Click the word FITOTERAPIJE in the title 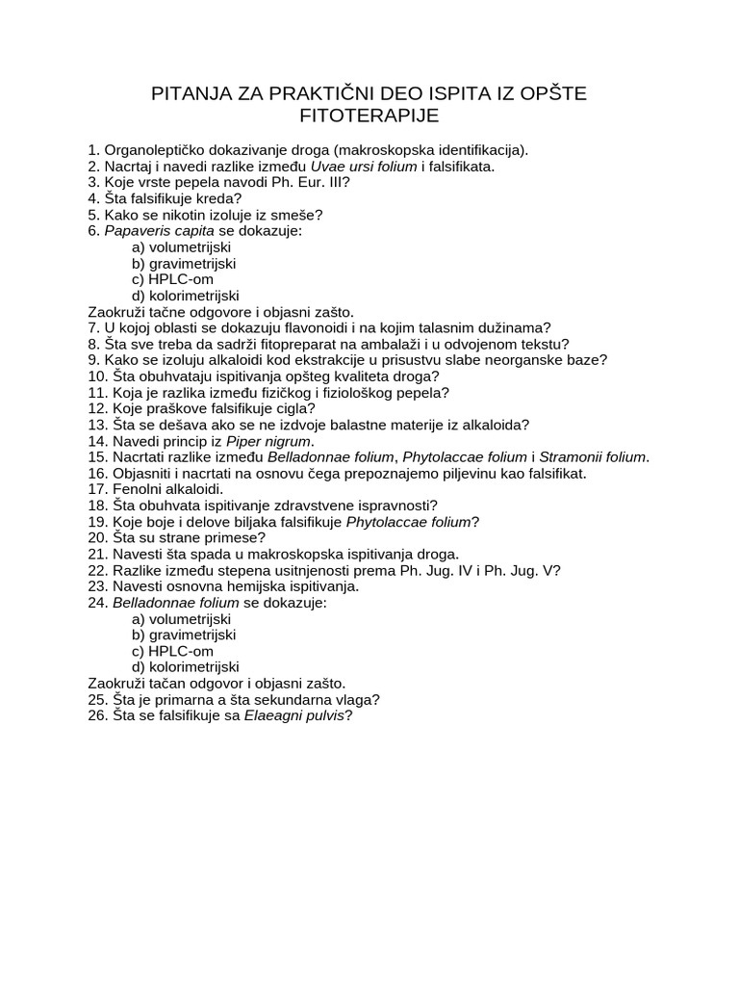(369, 116)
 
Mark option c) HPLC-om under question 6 (173, 279)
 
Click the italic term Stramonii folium (593, 457)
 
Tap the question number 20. (96, 537)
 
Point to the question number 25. (96, 699)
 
